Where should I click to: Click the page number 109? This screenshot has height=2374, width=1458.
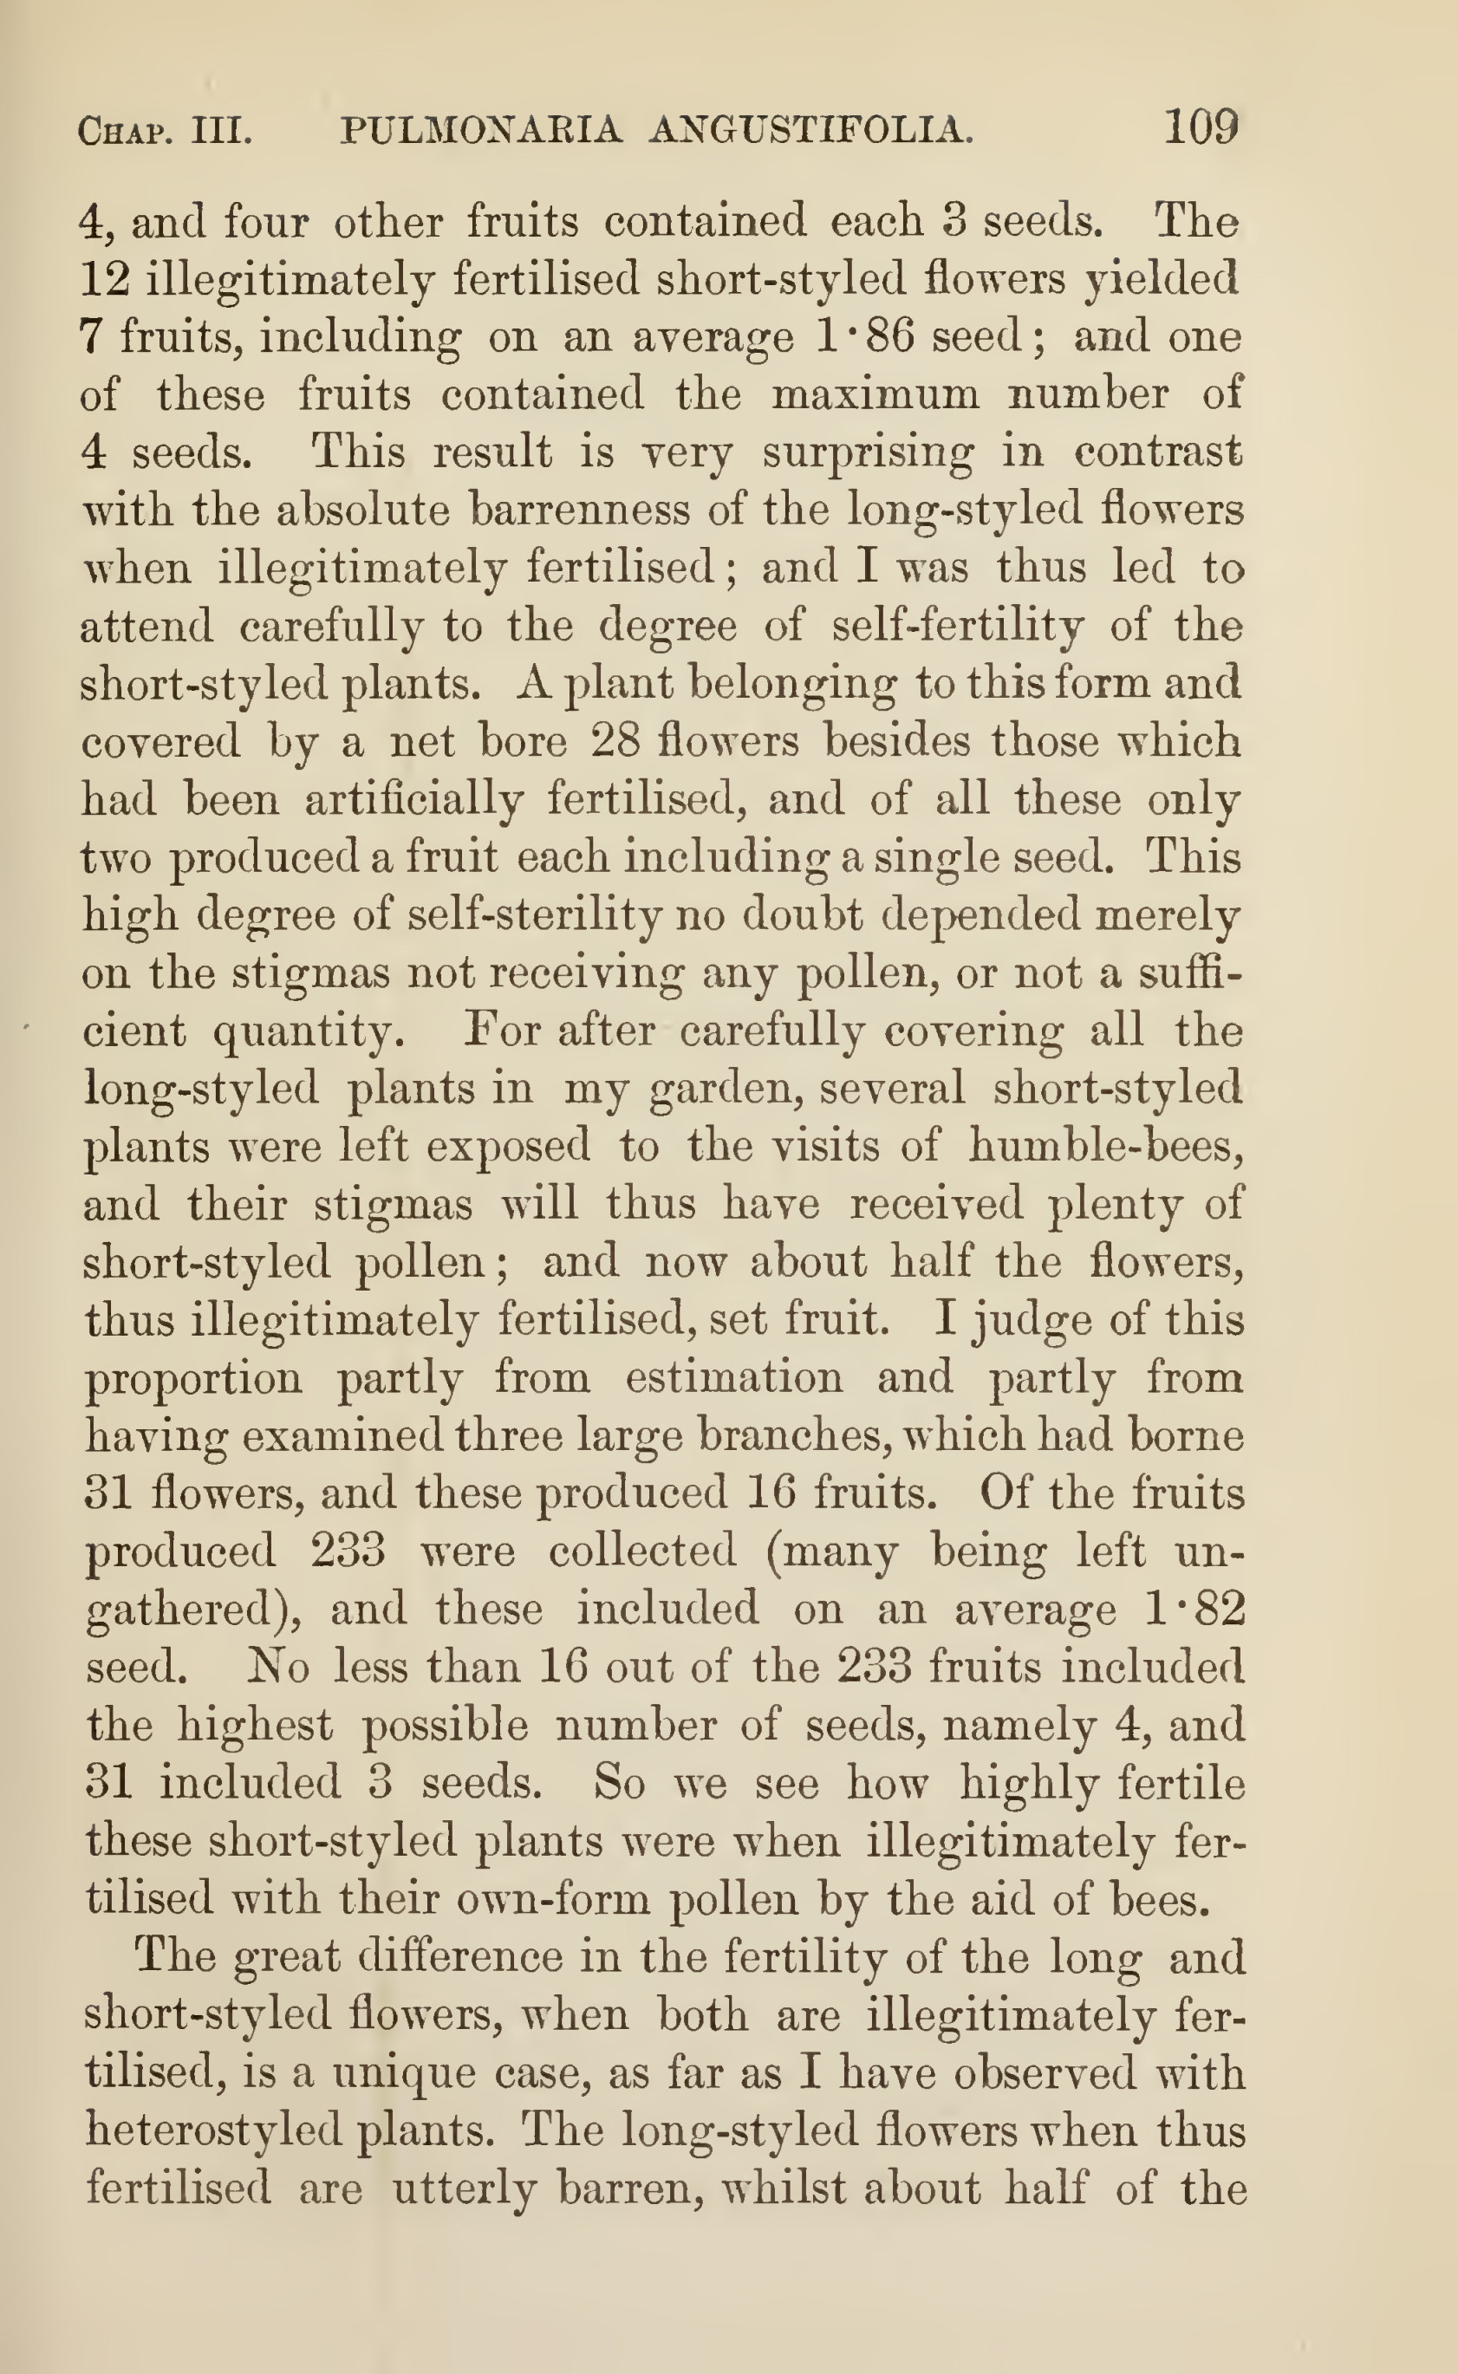click(1201, 127)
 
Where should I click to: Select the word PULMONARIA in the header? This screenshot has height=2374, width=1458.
click(481, 129)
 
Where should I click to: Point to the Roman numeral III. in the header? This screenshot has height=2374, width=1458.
click(222, 129)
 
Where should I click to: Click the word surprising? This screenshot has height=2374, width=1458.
click(867, 453)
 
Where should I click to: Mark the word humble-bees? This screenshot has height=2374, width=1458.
click(1105, 1147)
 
